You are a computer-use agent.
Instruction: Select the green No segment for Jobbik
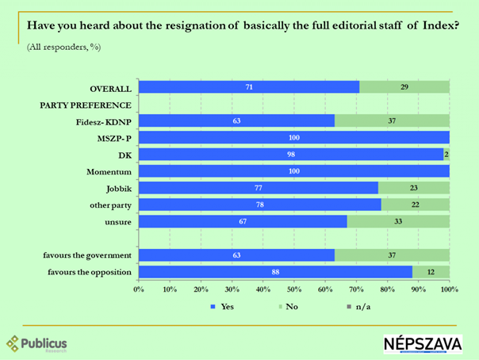(x=413, y=188)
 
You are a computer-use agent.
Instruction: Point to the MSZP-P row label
(x=112, y=138)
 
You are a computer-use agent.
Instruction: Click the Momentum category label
(x=109, y=171)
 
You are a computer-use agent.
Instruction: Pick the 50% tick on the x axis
(x=294, y=288)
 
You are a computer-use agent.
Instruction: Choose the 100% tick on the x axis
(x=449, y=288)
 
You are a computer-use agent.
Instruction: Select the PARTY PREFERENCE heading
(x=86, y=105)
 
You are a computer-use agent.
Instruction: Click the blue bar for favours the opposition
(x=274, y=272)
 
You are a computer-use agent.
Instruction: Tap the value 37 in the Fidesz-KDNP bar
(x=392, y=121)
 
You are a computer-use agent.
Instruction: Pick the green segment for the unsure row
(x=398, y=221)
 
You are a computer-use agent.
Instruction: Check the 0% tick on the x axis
(x=139, y=288)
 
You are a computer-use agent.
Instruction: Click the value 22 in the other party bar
(x=415, y=205)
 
